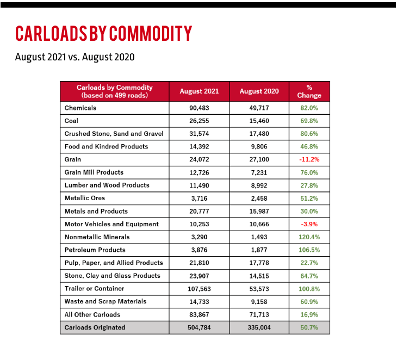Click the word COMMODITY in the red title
pyautogui.click(x=151, y=33)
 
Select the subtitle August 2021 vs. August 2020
pyautogui.click(x=75, y=57)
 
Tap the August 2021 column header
pyautogui.click(x=199, y=91)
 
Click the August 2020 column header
pyautogui.click(x=259, y=91)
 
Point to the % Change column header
pyautogui.click(x=309, y=91)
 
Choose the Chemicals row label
pyautogui.click(x=80, y=108)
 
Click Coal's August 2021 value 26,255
pyautogui.click(x=199, y=121)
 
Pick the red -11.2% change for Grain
pyautogui.click(x=309, y=159)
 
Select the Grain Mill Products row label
pyautogui.click(x=94, y=172)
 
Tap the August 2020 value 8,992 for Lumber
pyautogui.click(x=259, y=185)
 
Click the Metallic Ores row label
pyautogui.click(x=84, y=198)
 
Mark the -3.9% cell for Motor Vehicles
pyautogui.click(x=309, y=224)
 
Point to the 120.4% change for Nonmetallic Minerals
pyautogui.click(x=309, y=237)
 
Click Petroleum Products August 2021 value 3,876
pyautogui.click(x=199, y=250)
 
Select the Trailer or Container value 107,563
pyautogui.click(x=199, y=289)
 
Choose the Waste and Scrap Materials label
pyautogui.click(x=106, y=301)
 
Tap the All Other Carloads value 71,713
pyautogui.click(x=259, y=315)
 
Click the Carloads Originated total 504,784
pyautogui.click(x=199, y=327)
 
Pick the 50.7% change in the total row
pyautogui.click(x=309, y=327)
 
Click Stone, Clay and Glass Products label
pyautogui.click(x=112, y=276)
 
